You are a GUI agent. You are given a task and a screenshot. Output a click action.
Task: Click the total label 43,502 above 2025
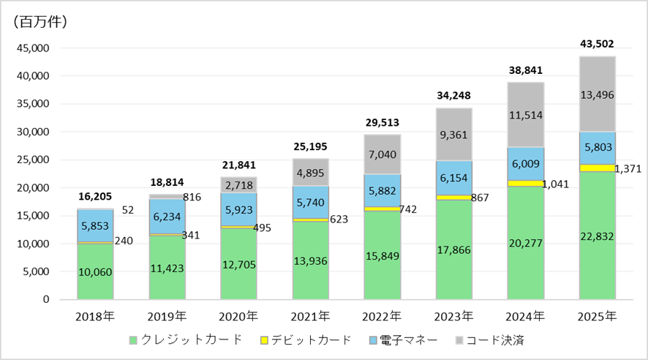[598, 42]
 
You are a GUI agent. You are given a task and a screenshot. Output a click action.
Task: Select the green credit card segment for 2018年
[95, 271]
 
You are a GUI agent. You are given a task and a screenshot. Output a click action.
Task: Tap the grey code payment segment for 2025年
[598, 94]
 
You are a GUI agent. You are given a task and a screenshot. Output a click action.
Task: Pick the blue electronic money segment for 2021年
[311, 202]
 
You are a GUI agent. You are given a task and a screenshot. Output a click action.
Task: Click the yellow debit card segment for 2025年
[598, 168]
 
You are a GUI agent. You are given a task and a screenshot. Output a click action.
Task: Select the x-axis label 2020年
[238, 317]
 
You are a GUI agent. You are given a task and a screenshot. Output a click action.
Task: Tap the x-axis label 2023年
[454, 317]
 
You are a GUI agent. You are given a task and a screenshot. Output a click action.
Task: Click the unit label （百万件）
[41, 21]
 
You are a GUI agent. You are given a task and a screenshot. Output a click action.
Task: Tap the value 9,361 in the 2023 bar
[454, 134]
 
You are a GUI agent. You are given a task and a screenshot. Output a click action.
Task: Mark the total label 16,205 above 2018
[95, 197]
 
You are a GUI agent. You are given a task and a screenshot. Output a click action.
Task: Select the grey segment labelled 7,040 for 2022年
[382, 154]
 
